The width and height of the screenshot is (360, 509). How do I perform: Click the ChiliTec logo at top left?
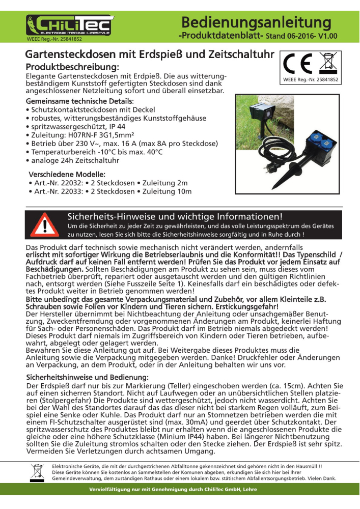[x=70, y=25]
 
